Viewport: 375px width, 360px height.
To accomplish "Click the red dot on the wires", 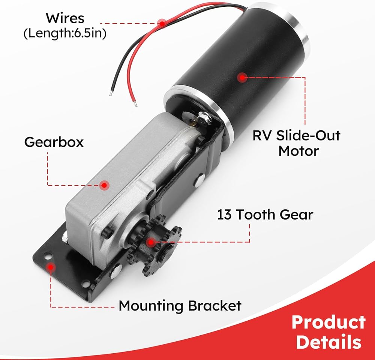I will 162,23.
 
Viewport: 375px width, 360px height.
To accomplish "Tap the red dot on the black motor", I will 242,78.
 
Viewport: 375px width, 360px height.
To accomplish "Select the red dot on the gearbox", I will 105,185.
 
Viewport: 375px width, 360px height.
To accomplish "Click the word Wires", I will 65,18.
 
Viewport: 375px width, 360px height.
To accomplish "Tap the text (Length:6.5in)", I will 65,33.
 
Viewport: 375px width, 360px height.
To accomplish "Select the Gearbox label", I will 54,142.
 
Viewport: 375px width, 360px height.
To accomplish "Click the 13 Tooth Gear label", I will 265,215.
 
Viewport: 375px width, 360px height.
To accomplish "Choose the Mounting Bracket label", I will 180,306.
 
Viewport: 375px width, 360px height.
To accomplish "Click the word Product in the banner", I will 328,322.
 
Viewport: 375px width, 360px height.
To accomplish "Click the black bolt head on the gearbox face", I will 108,232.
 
